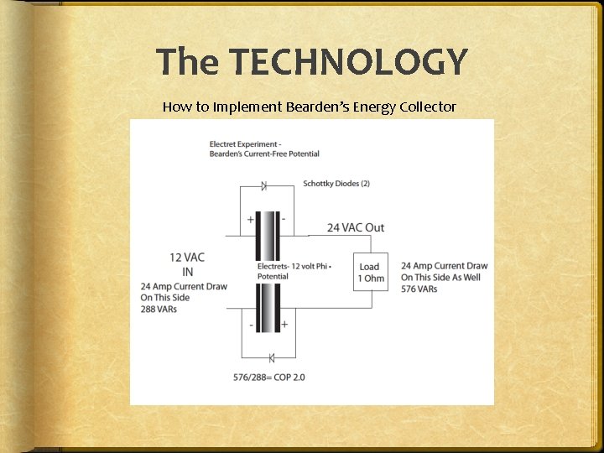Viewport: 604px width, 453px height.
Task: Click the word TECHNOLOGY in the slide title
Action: click(x=348, y=63)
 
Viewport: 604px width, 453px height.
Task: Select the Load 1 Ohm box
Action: click(x=369, y=273)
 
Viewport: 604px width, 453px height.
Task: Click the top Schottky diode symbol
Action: click(x=263, y=185)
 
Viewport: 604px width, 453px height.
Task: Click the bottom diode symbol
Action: click(x=271, y=358)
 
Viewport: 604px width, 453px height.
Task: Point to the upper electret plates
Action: click(x=268, y=236)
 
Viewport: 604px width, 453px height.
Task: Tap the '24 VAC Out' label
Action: click(x=356, y=227)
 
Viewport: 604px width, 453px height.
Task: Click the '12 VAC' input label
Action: click(x=187, y=258)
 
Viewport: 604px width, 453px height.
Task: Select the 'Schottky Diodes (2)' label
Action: click(x=336, y=183)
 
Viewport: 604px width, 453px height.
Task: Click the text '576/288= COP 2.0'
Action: click(x=269, y=377)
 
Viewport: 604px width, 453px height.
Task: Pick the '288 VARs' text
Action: click(x=159, y=309)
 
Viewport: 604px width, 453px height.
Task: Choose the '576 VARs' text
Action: click(x=419, y=289)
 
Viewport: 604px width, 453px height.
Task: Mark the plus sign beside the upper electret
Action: click(x=250, y=220)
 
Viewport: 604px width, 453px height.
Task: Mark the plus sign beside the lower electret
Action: click(x=284, y=324)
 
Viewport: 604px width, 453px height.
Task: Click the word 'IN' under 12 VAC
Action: click(x=188, y=272)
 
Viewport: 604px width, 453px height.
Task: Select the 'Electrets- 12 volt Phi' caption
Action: click(x=294, y=266)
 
